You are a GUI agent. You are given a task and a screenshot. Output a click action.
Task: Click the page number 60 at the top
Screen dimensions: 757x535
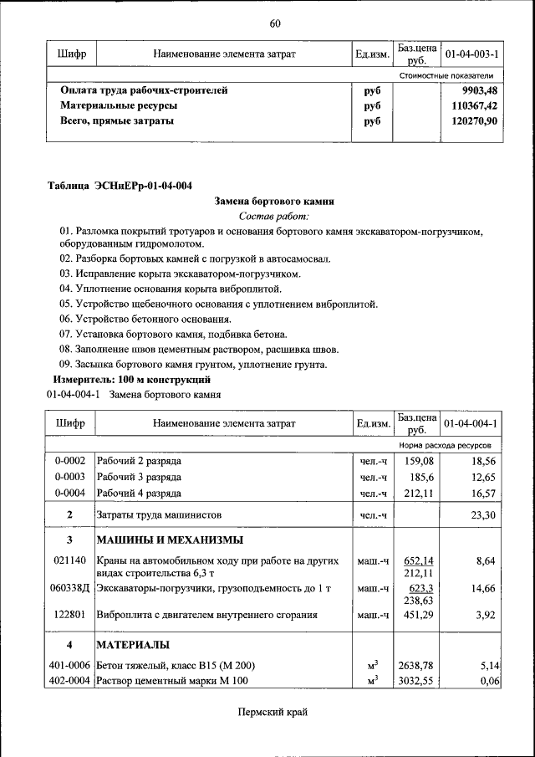(274, 23)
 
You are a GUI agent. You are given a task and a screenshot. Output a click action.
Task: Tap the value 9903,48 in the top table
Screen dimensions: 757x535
(479, 90)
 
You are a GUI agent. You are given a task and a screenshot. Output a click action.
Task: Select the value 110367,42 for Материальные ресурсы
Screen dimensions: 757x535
(475, 106)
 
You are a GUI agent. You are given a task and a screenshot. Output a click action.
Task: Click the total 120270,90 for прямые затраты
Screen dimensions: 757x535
(475, 121)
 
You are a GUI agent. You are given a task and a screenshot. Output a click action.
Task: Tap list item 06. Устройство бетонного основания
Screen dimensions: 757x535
(145, 319)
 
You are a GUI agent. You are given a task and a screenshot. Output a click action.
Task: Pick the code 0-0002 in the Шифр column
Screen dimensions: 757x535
(70, 461)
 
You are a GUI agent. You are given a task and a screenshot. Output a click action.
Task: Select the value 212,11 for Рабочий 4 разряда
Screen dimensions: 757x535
(416, 493)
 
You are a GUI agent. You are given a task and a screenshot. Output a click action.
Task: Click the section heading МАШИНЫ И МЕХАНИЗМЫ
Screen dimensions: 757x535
(170, 539)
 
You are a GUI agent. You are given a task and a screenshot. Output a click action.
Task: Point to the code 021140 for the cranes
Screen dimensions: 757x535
(70, 560)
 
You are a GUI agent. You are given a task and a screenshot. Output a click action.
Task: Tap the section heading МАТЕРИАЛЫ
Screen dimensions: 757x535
(134, 644)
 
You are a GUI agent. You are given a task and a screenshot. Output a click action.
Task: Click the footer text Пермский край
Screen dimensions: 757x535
(273, 712)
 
